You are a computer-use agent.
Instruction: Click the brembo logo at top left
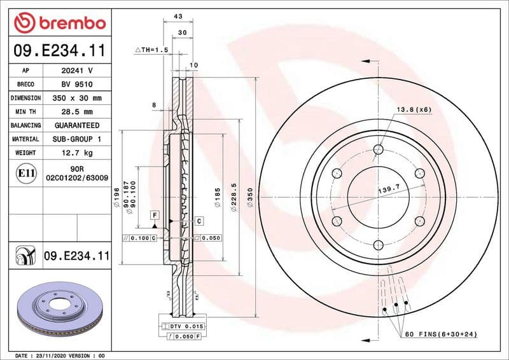coord(59,23)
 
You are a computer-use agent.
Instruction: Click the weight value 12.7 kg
coord(76,153)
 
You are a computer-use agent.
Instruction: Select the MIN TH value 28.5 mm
coord(76,112)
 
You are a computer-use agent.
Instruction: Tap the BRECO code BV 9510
coord(76,85)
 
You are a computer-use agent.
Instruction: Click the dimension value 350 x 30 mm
coord(76,99)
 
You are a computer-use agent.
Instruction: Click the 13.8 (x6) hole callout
coord(414,109)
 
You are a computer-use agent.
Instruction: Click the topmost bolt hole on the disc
coord(379,149)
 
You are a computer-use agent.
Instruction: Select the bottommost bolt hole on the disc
coord(379,245)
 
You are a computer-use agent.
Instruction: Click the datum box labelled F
coord(155,216)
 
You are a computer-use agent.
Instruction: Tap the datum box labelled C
coord(199,221)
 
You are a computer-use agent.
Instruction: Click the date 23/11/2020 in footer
coord(49,355)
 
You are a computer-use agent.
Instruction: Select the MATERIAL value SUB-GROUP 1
coord(76,139)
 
